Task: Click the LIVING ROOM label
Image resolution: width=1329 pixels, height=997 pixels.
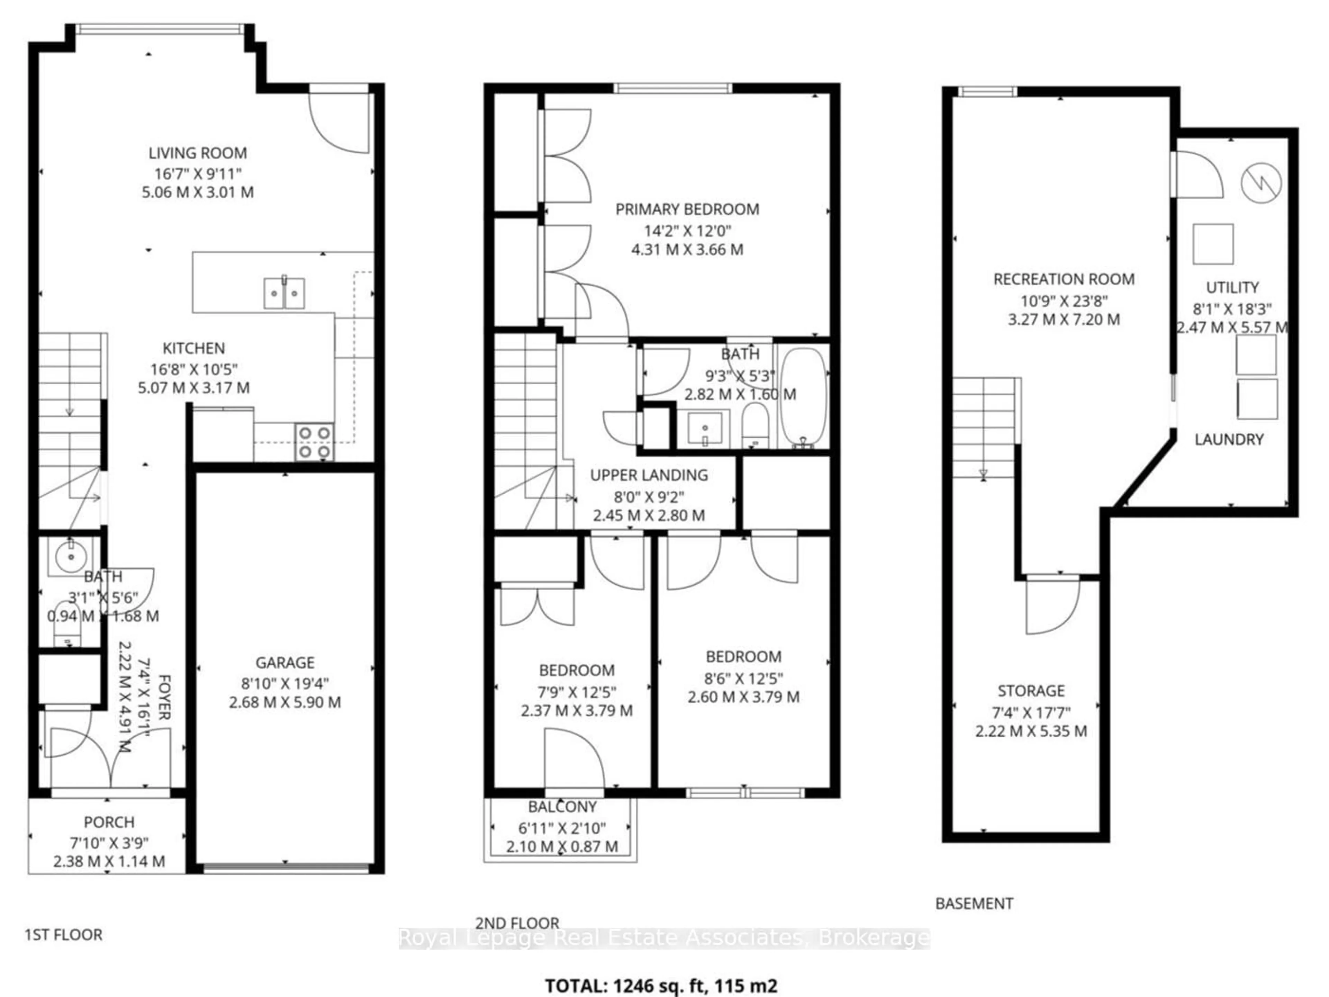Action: coord(198,153)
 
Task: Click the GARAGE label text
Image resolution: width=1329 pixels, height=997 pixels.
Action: coord(285,663)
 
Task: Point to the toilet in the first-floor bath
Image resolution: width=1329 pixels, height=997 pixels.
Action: coord(66,622)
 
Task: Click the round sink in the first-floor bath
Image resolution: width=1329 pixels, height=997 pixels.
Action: coord(71,557)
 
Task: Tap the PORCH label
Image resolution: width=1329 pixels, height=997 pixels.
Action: coord(109,822)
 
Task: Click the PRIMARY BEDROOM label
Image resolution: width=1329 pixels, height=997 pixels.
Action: coord(687,210)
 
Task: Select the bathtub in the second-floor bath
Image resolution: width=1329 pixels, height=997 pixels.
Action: coord(803,396)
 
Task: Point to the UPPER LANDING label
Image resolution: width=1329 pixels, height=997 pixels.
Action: coord(649,475)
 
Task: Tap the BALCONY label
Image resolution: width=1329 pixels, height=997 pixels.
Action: coord(562,807)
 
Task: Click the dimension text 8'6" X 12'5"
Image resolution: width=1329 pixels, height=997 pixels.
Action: coord(743,679)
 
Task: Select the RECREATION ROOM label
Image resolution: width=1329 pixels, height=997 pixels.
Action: coord(1064,279)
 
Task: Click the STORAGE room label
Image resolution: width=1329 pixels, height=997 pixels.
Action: coord(1031,691)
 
